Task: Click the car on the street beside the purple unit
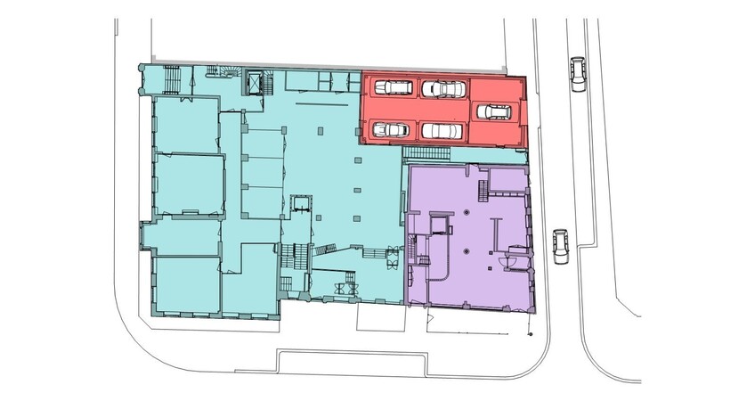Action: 560,247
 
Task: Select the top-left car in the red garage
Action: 392,87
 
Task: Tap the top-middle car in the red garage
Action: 443,89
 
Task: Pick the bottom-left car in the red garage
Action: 389,130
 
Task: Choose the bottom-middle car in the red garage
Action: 442,131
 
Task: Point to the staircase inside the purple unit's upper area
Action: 483,190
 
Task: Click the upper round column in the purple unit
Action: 467,213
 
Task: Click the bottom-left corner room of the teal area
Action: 186,283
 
